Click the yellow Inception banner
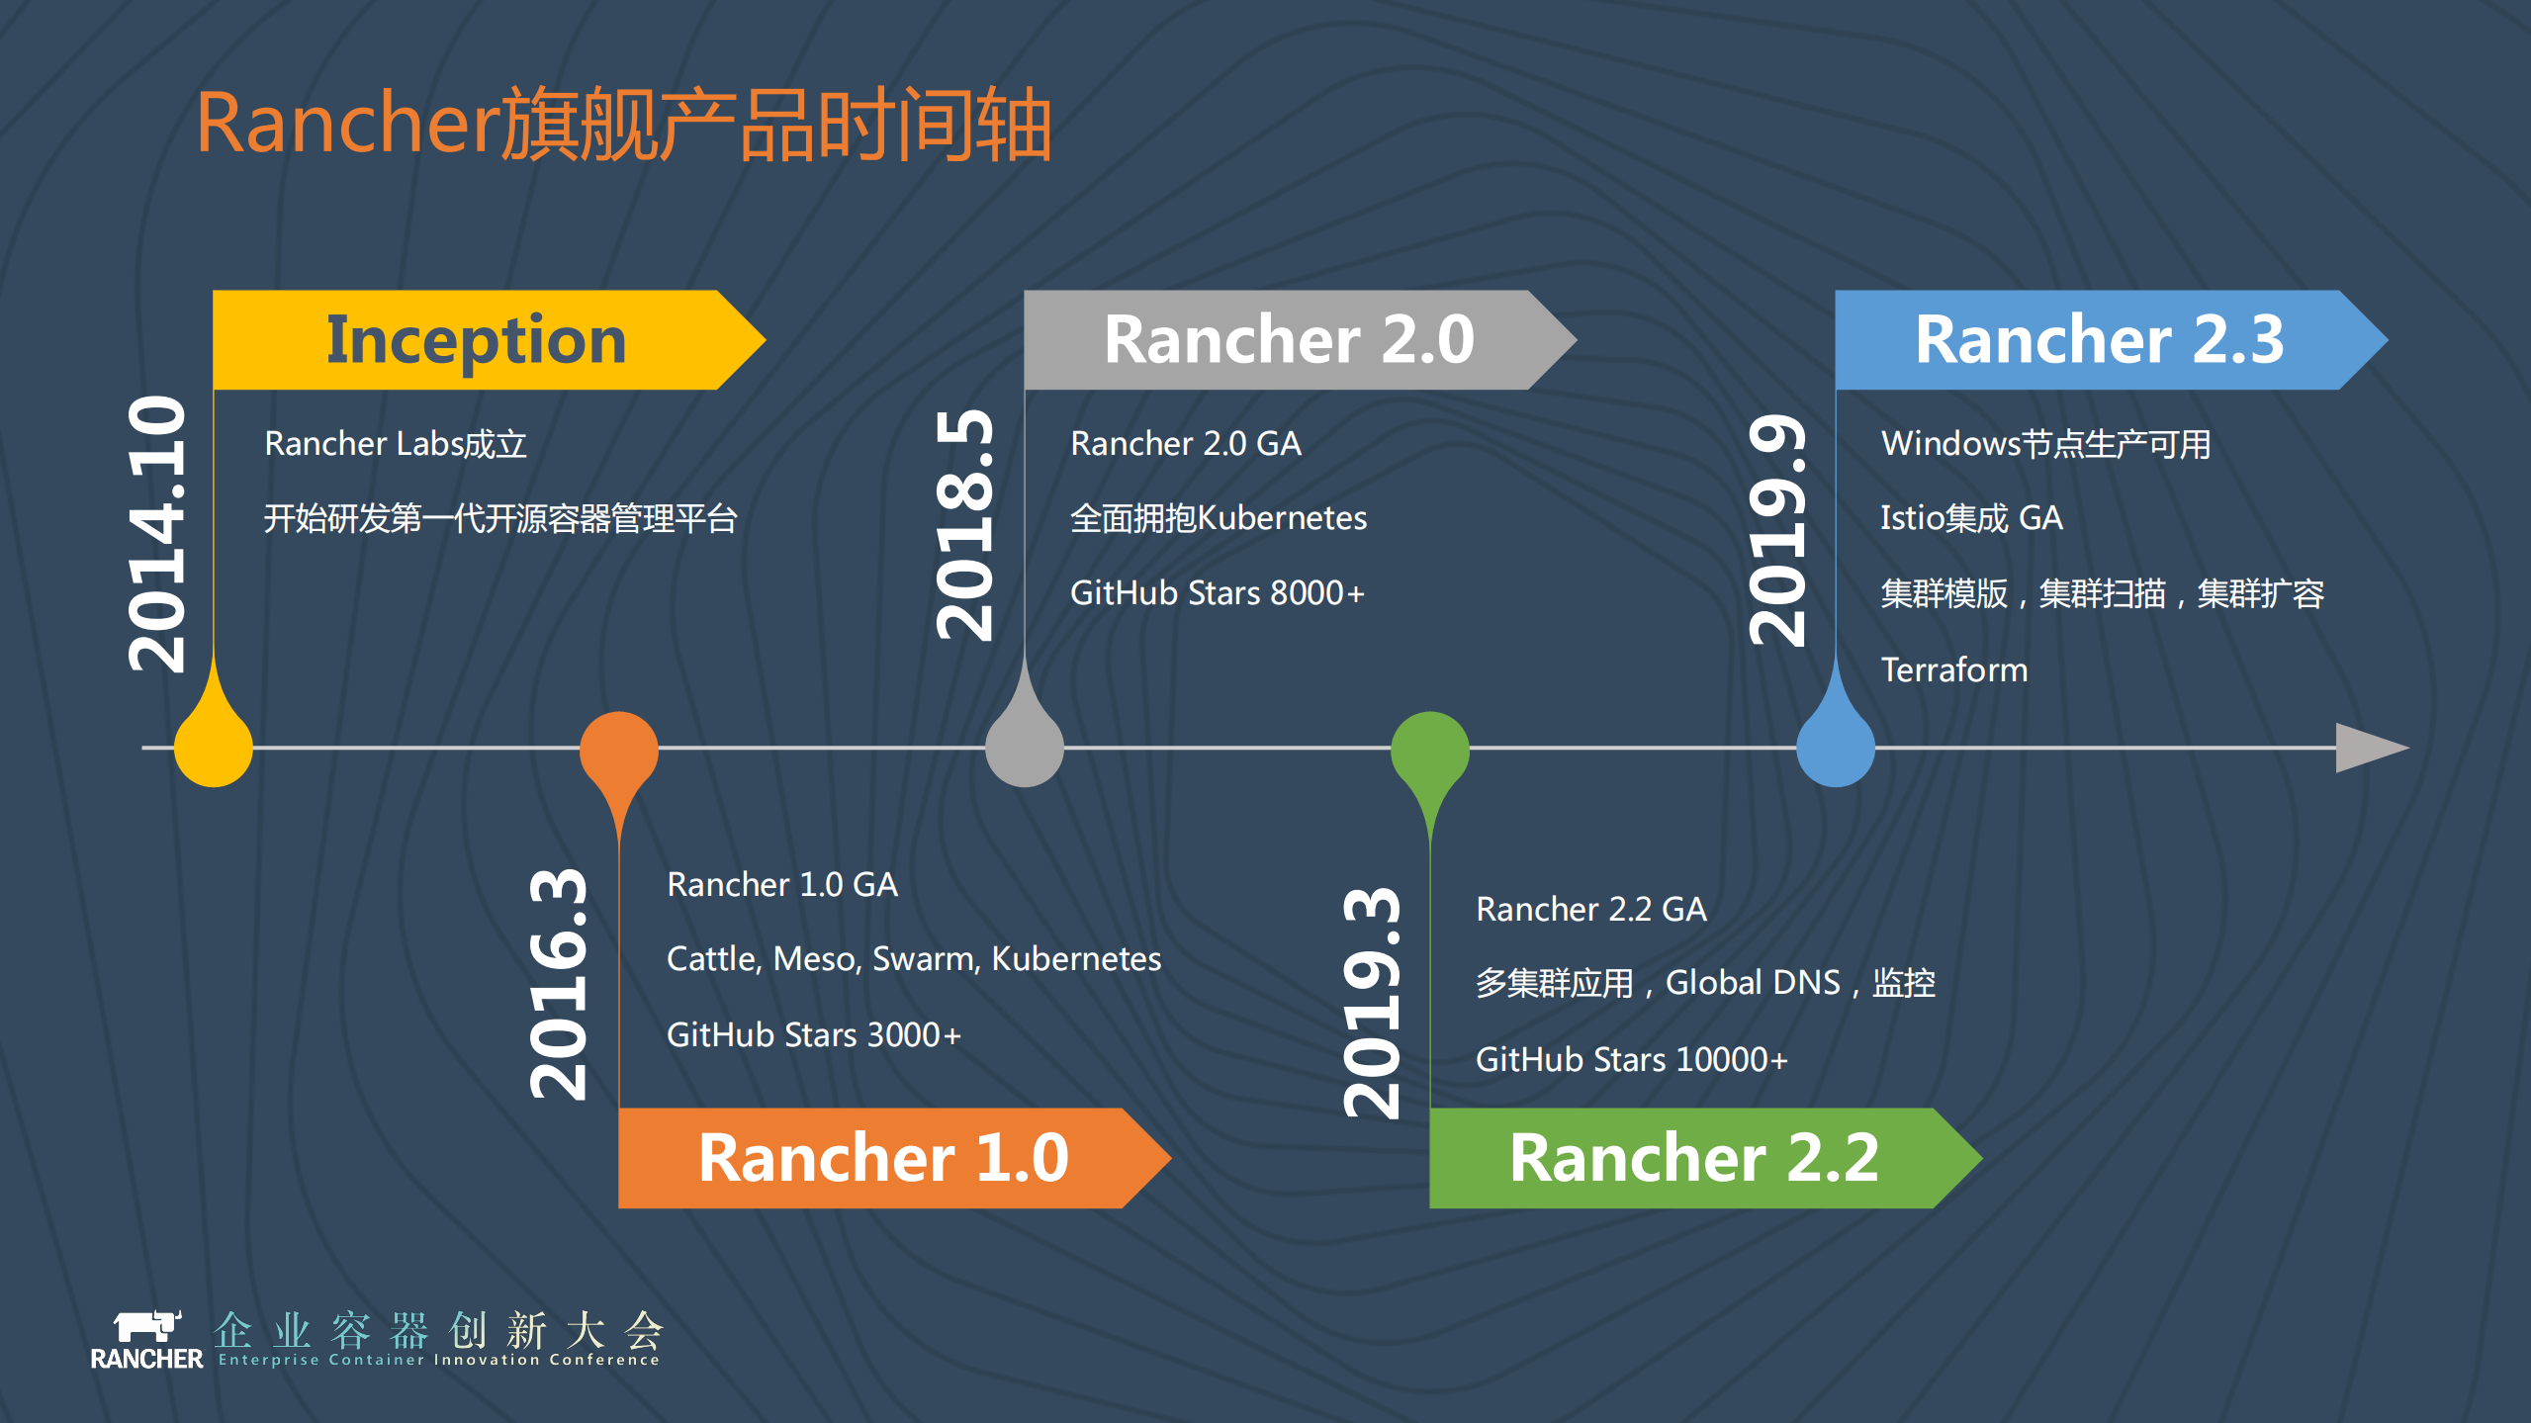(x=476, y=339)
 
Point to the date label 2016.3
(x=560, y=984)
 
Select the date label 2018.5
(x=965, y=524)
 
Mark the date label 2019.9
(x=1778, y=529)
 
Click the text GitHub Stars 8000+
(x=1218, y=593)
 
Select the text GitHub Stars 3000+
(x=814, y=1034)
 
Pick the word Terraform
(x=1954, y=670)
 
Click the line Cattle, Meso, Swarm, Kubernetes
(x=914, y=959)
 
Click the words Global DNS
(x=1753, y=983)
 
